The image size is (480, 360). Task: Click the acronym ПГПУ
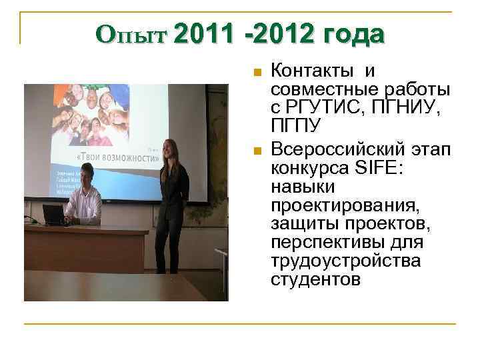(x=296, y=126)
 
